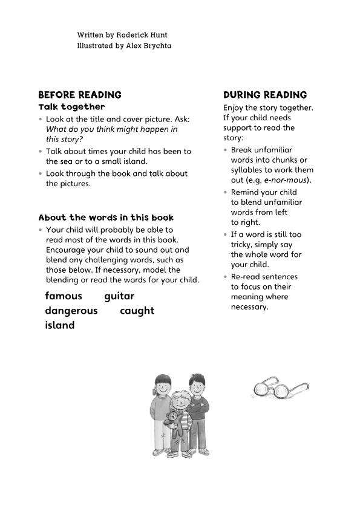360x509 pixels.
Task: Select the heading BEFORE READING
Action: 80,95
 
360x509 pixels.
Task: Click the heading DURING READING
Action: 265,95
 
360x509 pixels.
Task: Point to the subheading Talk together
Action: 71,107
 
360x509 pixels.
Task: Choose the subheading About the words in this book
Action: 106,218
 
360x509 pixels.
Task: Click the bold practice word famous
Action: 64,296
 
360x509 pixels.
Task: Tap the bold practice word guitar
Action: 119,296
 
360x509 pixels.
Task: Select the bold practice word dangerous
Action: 71,311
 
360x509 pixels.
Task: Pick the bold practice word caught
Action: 137,311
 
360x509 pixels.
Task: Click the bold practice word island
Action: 59,325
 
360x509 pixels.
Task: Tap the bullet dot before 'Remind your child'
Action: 226,193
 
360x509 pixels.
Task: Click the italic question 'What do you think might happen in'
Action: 112,129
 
